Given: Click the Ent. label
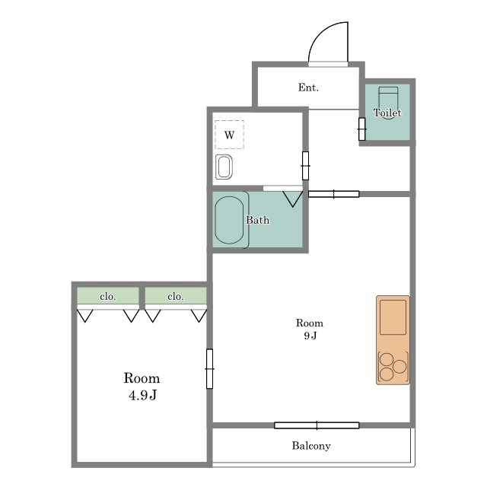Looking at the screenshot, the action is point(308,88).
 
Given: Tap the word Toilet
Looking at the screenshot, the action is point(387,113).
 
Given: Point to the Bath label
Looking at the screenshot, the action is point(258,220).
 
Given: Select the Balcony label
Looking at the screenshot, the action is point(311,446).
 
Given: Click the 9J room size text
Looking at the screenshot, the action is point(310,336).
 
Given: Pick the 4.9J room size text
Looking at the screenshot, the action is point(142,395).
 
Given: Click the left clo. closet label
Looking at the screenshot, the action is point(108,297).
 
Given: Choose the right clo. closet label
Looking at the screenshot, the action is point(176,297).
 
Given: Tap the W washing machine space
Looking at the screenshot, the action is point(229,135).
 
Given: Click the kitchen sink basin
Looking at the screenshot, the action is point(393,317).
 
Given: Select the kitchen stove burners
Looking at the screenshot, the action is point(393,367).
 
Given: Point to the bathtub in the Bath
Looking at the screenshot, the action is point(229,220).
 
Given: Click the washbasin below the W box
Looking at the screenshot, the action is point(224,167).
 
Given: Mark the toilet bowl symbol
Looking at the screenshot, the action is point(388,98).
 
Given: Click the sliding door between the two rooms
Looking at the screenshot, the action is point(210,368).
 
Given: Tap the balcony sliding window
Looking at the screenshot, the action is point(317,425).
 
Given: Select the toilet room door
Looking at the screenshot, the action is point(362,129).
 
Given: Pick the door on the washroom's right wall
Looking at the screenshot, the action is point(305,166).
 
